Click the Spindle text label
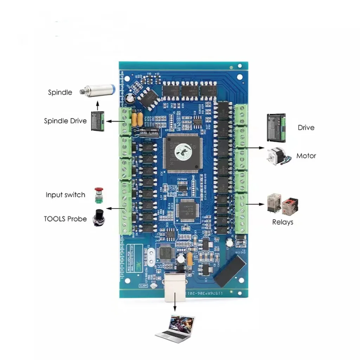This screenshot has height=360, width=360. (60, 92)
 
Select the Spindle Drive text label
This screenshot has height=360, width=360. (65, 121)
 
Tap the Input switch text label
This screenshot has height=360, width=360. (65, 195)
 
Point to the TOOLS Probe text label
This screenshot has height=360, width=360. (65, 219)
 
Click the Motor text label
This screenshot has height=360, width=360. (306, 156)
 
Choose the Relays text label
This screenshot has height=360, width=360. (283, 222)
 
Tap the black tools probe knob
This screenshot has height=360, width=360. (98, 218)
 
